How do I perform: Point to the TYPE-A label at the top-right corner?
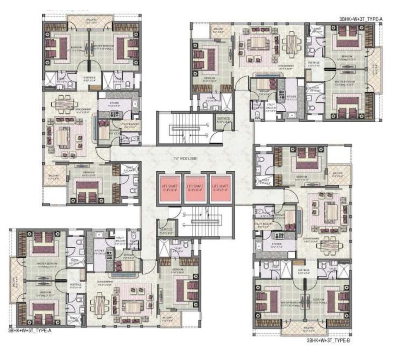360,19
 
